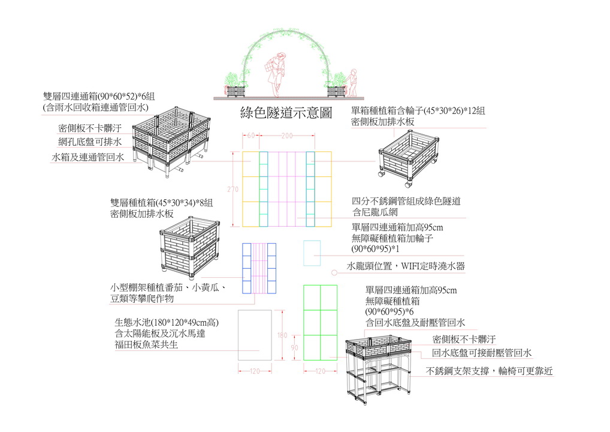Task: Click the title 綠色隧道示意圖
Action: point(286,113)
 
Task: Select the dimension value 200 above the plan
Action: point(286,136)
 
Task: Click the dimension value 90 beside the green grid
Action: point(295,347)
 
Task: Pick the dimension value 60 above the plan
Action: point(250,136)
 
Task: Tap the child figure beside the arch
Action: point(353,83)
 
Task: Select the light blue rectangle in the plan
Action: point(312,253)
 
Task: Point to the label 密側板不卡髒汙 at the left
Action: point(90,128)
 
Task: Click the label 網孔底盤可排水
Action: point(90,143)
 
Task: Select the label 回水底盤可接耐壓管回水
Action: point(482,353)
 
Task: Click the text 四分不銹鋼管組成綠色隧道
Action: point(410,201)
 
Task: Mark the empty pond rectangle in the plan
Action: point(255,335)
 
